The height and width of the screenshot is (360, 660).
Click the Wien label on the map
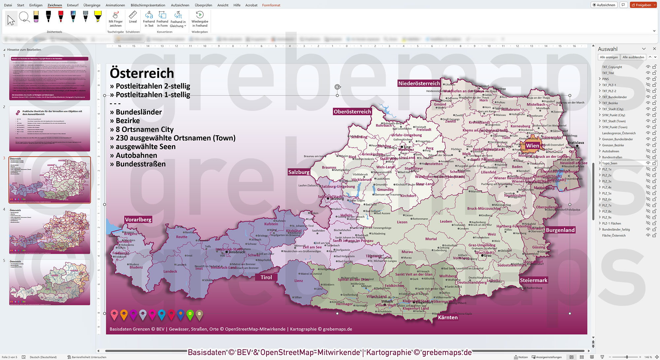(532, 146)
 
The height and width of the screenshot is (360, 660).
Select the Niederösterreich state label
(419, 83)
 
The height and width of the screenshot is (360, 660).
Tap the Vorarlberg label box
(138, 219)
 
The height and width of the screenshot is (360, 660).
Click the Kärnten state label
(447, 317)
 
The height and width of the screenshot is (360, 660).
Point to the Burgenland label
(560, 230)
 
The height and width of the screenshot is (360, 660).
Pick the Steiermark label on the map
(533, 280)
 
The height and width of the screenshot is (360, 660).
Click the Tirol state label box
(266, 277)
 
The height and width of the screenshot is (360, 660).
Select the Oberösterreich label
(352, 112)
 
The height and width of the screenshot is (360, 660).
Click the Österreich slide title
(142, 73)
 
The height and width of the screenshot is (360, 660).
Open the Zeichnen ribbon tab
(55, 5)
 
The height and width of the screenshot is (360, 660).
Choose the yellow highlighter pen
(98, 16)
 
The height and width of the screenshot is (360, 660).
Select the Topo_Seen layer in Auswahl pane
(610, 163)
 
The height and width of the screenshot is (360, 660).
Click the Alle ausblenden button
(633, 57)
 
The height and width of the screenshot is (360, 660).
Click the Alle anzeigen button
(609, 57)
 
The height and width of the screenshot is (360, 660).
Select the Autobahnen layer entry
(610, 151)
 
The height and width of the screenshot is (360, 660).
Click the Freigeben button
(643, 5)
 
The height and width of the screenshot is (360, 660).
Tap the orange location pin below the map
(124, 315)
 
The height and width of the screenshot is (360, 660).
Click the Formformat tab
(271, 5)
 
